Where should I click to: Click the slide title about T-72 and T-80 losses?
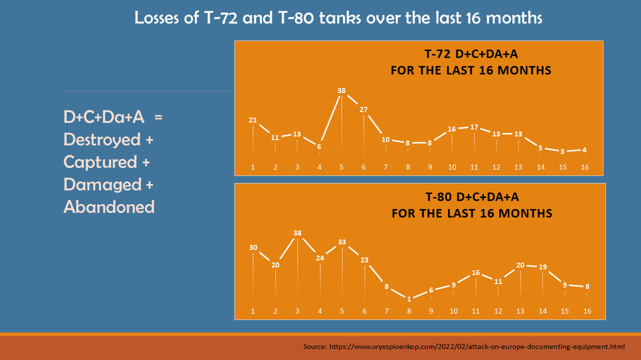coord(338,18)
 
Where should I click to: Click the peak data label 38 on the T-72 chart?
coord(341,91)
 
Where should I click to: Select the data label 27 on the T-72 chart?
coord(364,109)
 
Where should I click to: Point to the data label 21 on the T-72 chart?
coord(253,120)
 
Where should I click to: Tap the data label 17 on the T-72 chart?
coord(474,127)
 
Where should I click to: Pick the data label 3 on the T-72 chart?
coord(563,151)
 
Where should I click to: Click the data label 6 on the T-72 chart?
coord(319,146)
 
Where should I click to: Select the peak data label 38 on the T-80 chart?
coord(297,233)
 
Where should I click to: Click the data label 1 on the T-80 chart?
coord(409,299)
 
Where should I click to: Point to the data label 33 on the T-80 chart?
coord(342,242)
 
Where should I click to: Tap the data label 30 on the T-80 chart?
coord(253,247)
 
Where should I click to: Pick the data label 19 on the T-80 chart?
coord(542,267)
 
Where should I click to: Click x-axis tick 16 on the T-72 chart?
coord(585,167)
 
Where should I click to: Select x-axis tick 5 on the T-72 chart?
coord(341,167)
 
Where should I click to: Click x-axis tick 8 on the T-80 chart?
coord(408,311)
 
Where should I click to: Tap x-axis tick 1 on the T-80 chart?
coord(253,311)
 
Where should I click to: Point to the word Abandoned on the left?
coord(109,207)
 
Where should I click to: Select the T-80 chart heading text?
coord(472,205)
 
